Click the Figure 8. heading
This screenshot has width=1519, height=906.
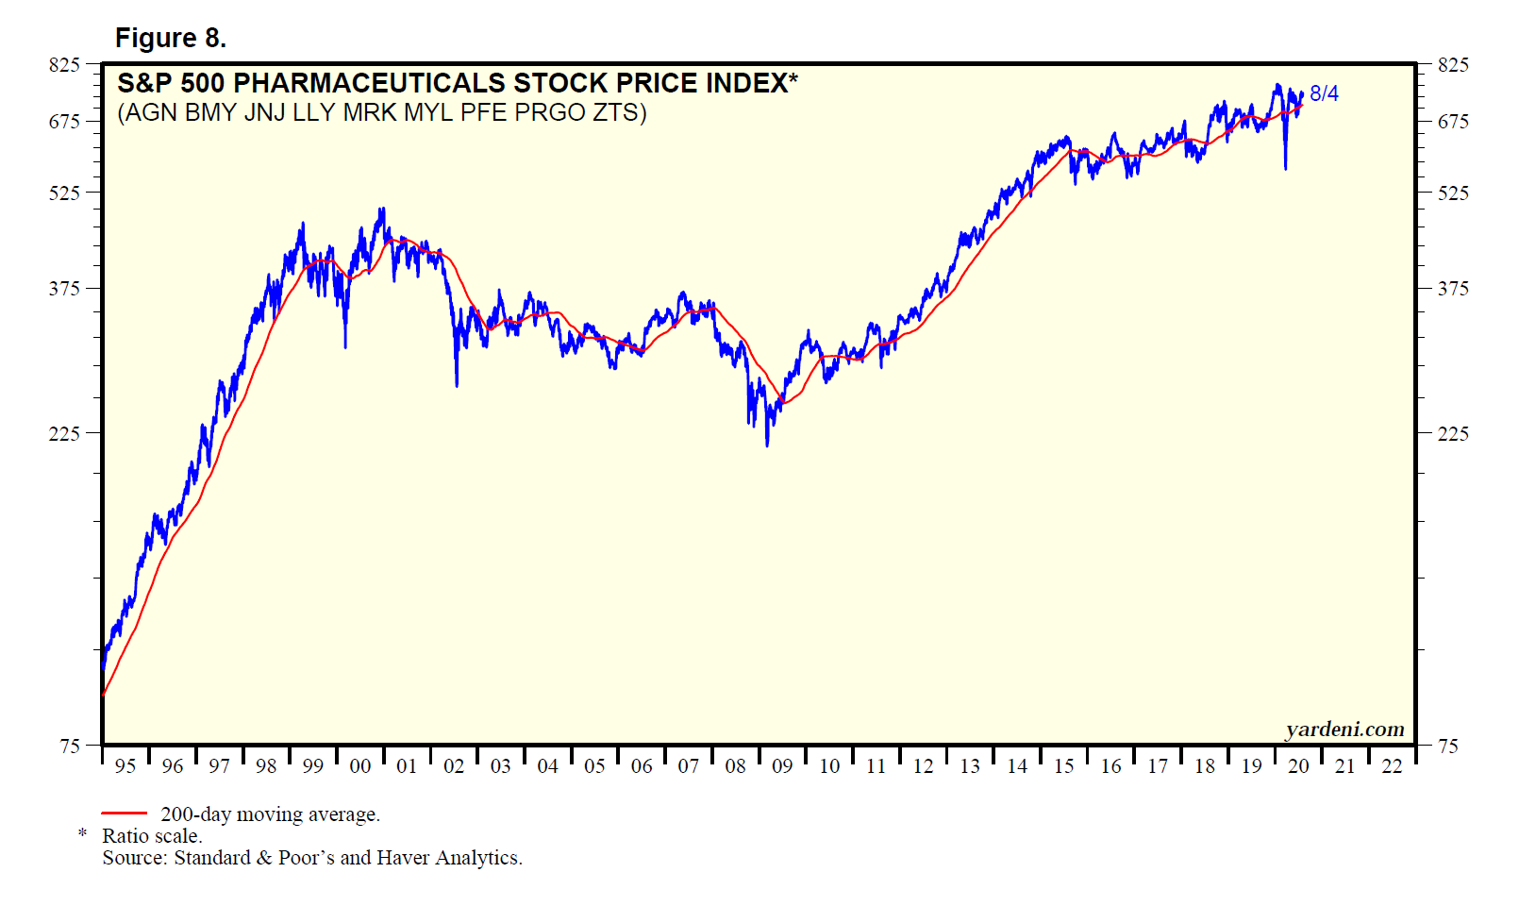[x=171, y=38]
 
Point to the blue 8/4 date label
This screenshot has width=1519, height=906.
[x=1324, y=93]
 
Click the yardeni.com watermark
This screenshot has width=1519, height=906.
[x=1344, y=729]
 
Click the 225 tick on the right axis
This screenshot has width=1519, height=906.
[x=1453, y=433]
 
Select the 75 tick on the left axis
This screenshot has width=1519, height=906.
[x=70, y=746]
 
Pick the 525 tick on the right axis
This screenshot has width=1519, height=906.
[x=1453, y=193]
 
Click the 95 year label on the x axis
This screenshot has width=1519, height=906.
[x=125, y=766]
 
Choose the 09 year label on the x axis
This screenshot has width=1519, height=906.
[x=782, y=766]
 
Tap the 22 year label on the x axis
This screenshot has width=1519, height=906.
[x=1392, y=766]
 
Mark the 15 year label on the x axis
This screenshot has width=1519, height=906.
[x=1063, y=766]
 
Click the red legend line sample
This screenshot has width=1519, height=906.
[x=124, y=813]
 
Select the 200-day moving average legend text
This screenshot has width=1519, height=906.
[x=270, y=814]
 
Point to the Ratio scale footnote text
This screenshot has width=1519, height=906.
[x=152, y=836]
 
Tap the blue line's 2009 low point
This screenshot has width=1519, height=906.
[x=767, y=445]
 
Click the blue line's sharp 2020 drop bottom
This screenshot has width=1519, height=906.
[x=1285, y=169]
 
